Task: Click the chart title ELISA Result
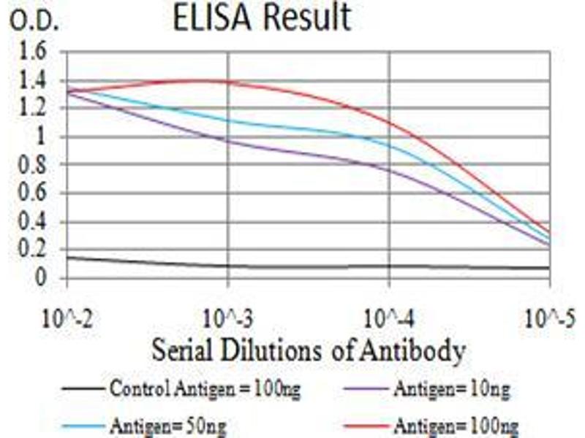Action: [x=262, y=19]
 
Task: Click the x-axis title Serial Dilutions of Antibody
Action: [x=307, y=350]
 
